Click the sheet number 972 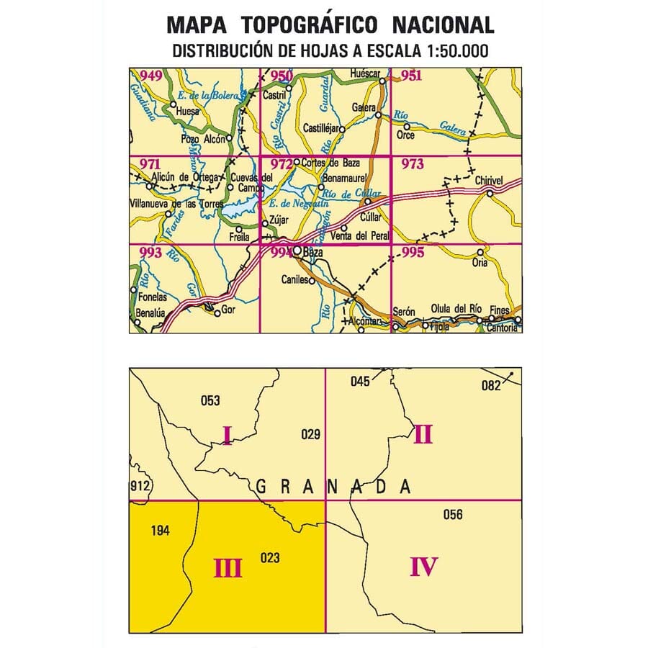coord(276,164)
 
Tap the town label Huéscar coord(363,73)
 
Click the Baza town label coord(313,253)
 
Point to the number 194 coord(160,531)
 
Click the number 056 coord(453,514)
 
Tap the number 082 coord(490,385)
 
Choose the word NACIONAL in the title coord(443,25)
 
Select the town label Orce coord(405,135)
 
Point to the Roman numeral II coord(423,434)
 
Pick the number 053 coord(210,401)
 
